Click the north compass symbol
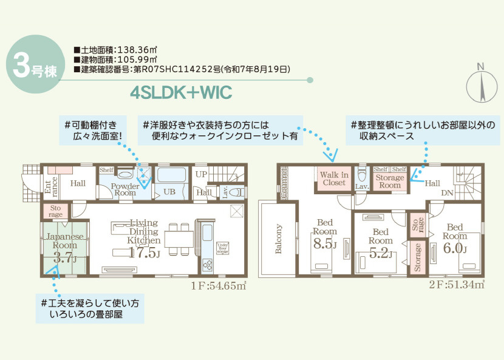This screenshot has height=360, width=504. pyautogui.click(x=480, y=86)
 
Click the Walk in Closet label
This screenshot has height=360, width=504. pyautogui.click(x=333, y=178)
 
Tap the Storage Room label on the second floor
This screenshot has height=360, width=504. pyautogui.click(x=390, y=182)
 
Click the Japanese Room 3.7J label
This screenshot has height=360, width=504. pyautogui.click(x=60, y=246)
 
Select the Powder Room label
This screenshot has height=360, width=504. pyautogui.click(x=125, y=189)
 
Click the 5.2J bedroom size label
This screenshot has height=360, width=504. pyautogui.click(x=381, y=254)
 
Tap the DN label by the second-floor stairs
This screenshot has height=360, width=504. pyautogui.click(x=448, y=192)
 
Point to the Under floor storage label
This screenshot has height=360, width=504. pyautogui.click(x=223, y=248)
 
